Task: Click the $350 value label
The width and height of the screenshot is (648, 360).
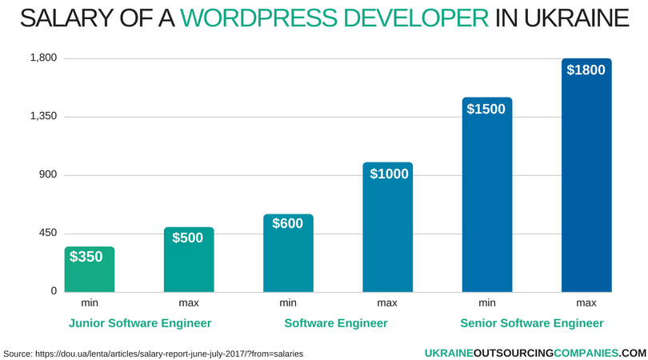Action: [86, 257]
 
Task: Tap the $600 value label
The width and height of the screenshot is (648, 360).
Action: [287, 224]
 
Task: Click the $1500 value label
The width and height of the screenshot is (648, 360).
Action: [486, 109]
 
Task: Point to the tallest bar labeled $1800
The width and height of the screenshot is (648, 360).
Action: [586, 176]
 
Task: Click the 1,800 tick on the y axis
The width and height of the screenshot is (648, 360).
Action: [43, 58]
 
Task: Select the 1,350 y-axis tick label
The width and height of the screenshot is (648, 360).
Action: [43, 117]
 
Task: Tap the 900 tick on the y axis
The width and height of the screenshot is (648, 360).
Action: [47, 175]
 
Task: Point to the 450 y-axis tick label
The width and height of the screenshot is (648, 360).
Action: [47, 233]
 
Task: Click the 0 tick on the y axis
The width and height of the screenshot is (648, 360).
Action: [54, 291]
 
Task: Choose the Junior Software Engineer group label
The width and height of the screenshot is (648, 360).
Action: [140, 323]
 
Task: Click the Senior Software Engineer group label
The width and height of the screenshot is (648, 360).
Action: [532, 323]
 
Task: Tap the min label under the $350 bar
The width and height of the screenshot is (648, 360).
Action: [89, 303]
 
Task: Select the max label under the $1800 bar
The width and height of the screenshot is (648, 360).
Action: [586, 303]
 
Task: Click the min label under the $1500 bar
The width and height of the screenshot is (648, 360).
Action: [486, 303]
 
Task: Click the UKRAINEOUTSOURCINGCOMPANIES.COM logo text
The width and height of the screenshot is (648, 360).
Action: [534, 352]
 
